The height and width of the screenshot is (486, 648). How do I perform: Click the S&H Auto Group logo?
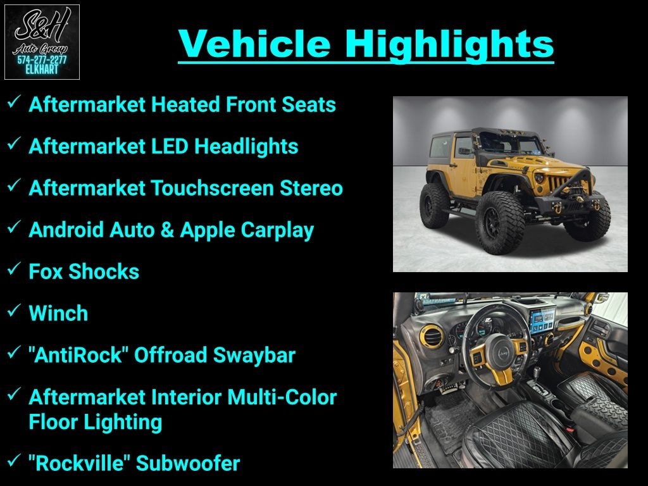click(x=42, y=42)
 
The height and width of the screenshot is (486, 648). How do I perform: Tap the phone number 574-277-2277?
click(x=42, y=60)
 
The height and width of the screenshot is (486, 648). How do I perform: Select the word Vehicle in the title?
click(x=254, y=44)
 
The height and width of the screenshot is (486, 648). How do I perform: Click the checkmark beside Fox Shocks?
click(x=14, y=268)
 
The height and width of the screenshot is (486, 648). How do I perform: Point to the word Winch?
click(x=58, y=313)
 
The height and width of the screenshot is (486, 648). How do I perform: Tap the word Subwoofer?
click(x=188, y=463)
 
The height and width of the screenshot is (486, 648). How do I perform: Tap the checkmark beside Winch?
click(x=14, y=310)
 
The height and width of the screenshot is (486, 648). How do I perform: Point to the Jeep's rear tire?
click(x=434, y=205)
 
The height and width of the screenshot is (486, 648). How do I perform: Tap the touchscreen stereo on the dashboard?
click(x=542, y=319)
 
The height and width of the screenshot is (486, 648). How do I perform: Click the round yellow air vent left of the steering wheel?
click(x=432, y=335)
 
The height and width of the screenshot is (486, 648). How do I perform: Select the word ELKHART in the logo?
click(x=42, y=70)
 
